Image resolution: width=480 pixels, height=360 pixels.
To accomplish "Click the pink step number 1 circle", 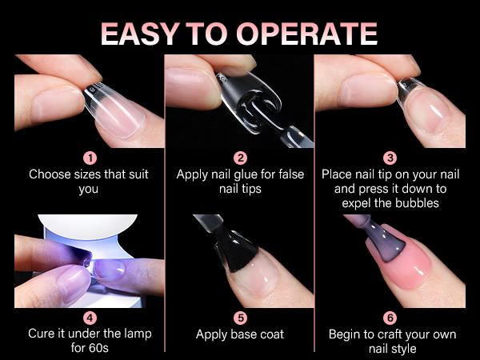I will point(90,158).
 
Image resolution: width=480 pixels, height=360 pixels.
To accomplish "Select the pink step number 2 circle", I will point(240,158).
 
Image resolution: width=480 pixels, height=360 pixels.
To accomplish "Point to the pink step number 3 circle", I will point(390,158).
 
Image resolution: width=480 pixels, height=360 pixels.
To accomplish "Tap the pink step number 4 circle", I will point(90,318).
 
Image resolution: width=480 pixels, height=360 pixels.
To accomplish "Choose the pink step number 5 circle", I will point(240,318).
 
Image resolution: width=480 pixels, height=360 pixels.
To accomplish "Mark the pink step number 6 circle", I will point(390,318).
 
